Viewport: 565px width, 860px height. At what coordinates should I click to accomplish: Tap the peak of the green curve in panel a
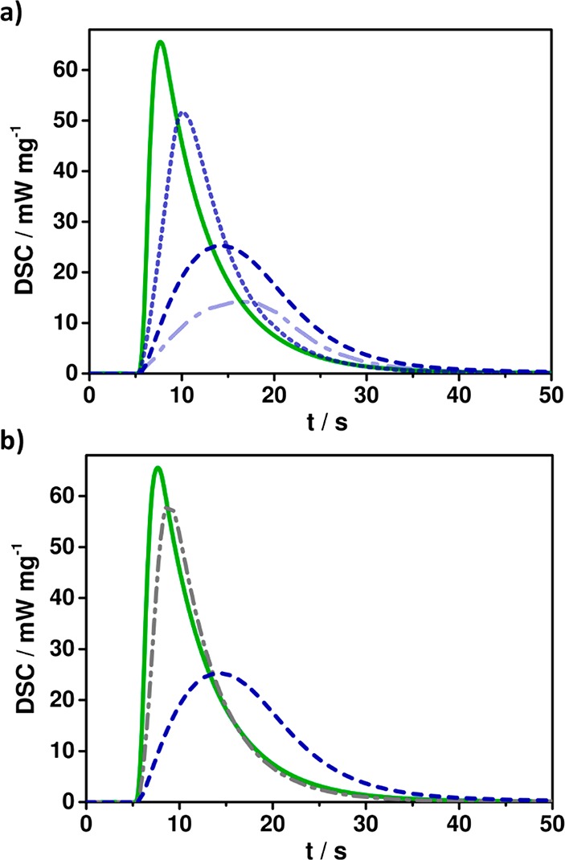click(x=161, y=42)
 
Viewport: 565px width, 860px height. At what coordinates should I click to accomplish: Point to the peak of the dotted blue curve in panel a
click(x=183, y=113)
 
